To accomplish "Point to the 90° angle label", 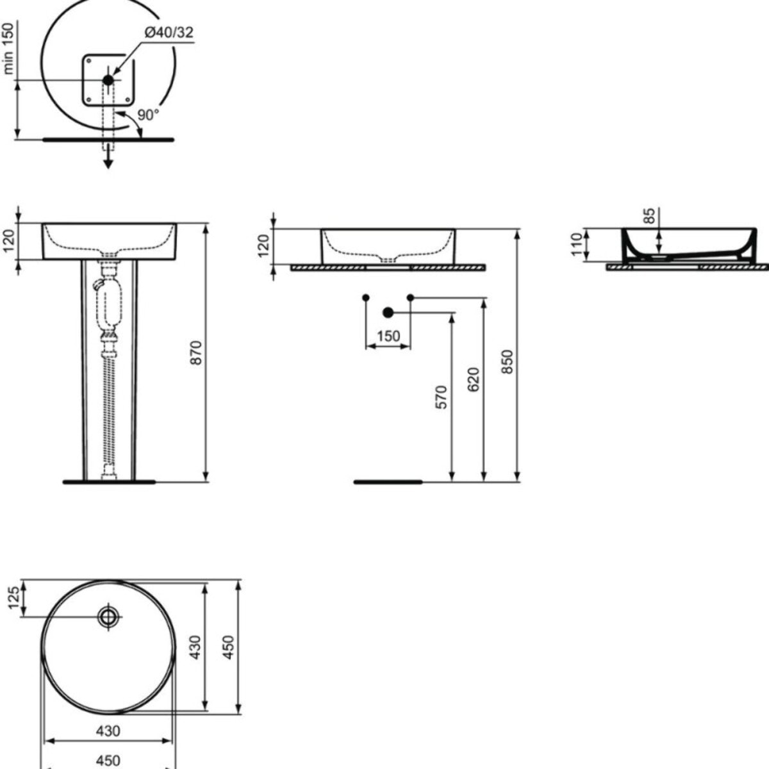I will point(147,115).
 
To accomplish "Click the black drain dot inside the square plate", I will point(108,79).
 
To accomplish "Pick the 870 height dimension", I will point(197,352).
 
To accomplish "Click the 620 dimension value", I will point(474,380).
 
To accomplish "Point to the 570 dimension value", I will point(442,397).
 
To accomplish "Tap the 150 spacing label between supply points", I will point(388,336).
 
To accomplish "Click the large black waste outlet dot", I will point(387,313).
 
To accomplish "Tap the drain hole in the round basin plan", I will point(108,616).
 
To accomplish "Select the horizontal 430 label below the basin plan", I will point(108,731).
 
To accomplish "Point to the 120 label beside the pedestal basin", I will point(8,241).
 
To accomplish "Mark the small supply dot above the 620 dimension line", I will point(410,297).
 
